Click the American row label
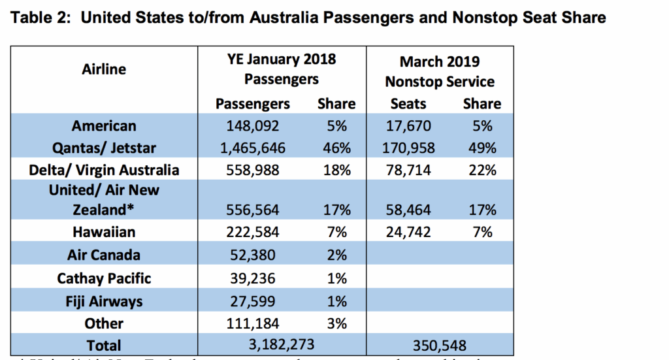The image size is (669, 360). click(105, 125)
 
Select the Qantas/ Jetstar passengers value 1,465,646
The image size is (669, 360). click(250, 148)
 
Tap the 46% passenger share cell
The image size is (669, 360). click(336, 148)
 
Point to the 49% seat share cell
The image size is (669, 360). click(482, 148)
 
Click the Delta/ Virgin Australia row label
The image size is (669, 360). click(105, 170)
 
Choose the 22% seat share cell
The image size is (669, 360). click(482, 170)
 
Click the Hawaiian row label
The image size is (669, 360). click(105, 232)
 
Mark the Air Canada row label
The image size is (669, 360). click(105, 255)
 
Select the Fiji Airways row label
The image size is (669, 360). click(105, 301)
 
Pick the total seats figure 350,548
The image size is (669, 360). click(439, 344)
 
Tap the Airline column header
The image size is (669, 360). click(105, 69)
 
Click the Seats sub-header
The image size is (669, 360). click(408, 103)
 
